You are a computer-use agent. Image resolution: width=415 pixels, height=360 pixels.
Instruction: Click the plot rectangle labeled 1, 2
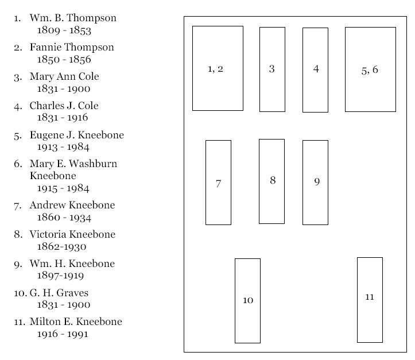coord(218,68)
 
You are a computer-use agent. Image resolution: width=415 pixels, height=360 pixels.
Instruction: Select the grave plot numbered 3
coord(272,69)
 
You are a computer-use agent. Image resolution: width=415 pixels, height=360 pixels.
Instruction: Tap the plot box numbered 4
coord(315,70)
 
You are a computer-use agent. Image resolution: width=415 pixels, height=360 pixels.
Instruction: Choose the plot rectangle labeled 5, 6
coord(370,69)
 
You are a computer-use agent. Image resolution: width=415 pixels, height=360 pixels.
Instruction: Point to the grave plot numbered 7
coord(218,183)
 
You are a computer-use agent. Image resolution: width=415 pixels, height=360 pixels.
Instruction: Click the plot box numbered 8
coord(272,181)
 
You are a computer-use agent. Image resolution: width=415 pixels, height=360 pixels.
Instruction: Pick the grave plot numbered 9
coord(315,183)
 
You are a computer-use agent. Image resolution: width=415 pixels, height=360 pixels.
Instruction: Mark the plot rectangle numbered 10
coord(247,301)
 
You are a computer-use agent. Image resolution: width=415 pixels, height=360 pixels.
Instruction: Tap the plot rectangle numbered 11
coord(370,300)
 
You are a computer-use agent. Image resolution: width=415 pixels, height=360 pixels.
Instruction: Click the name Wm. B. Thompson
coord(73,18)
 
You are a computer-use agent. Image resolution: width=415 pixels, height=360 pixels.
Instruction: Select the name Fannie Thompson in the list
coord(72,47)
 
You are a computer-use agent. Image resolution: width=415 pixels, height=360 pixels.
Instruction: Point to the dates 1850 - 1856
coord(64,59)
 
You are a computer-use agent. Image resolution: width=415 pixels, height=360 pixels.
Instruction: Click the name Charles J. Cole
coord(64,106)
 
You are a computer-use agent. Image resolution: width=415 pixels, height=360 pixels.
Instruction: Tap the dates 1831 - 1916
coord(63,117)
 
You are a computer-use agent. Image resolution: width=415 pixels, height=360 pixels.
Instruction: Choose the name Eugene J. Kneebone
coord(77,135)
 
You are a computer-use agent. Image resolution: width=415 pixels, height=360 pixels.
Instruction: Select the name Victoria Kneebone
coord(72,234)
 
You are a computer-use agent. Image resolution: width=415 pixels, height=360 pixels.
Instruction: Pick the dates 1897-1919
coord(60,275)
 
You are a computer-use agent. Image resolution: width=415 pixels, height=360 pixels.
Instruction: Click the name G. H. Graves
coord(59,293)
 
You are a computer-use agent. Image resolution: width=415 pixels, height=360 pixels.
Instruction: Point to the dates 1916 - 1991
coord(63,334)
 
